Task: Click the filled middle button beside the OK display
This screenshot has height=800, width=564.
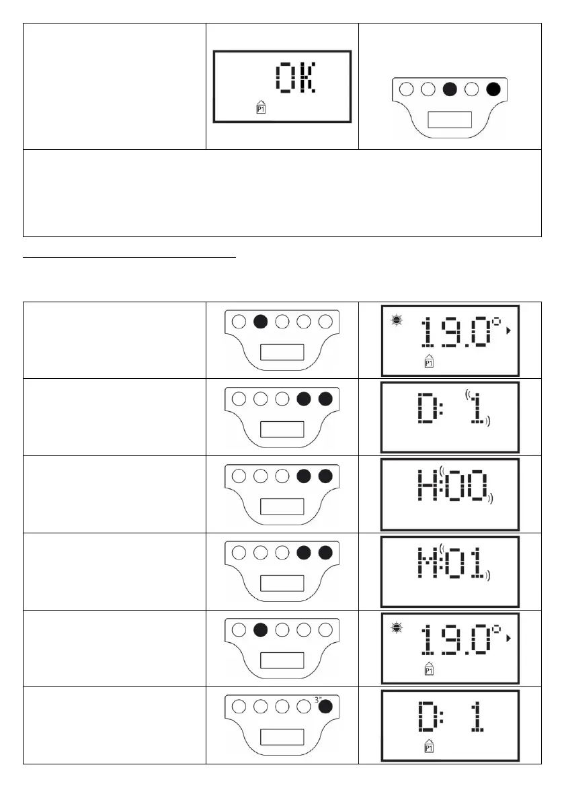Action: point(450,89)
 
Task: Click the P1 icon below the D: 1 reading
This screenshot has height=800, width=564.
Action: point(428,747)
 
